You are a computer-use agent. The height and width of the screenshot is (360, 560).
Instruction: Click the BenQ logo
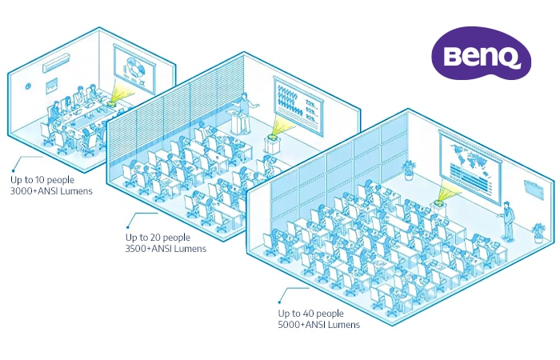[x=481, y=53]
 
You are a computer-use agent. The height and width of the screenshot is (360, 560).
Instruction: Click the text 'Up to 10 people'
[x=42, y=180]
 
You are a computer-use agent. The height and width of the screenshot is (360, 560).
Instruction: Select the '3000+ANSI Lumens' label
[x=51, y=191]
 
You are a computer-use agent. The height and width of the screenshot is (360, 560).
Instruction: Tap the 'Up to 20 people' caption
[x=158, y=238]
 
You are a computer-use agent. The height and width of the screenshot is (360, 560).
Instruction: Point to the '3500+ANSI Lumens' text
[x=166, y=249]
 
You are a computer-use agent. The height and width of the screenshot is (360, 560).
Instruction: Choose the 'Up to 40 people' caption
[x=310, y=314]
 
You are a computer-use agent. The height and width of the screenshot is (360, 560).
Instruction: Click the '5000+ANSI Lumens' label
[x=319, y=325]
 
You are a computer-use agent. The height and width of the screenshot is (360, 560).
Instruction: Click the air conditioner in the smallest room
[x=57, y=63]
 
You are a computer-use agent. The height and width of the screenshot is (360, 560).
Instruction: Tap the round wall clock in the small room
[x=28, y=86]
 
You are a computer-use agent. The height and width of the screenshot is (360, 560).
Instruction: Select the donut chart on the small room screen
[x=136, y=67]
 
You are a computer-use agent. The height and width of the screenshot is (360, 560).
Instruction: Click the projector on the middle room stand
[x=273, y=136]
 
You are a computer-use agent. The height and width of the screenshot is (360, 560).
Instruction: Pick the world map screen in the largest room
[x=470, y=167]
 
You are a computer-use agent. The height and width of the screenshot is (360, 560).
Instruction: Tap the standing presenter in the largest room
[x=507, y=221]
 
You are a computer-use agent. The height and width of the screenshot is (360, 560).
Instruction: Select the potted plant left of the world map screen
[x=409, y=170]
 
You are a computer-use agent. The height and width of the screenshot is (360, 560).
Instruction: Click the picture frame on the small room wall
[x=52, y=86]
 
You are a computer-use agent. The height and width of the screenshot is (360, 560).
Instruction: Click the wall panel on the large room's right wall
[x=534, y=188]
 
